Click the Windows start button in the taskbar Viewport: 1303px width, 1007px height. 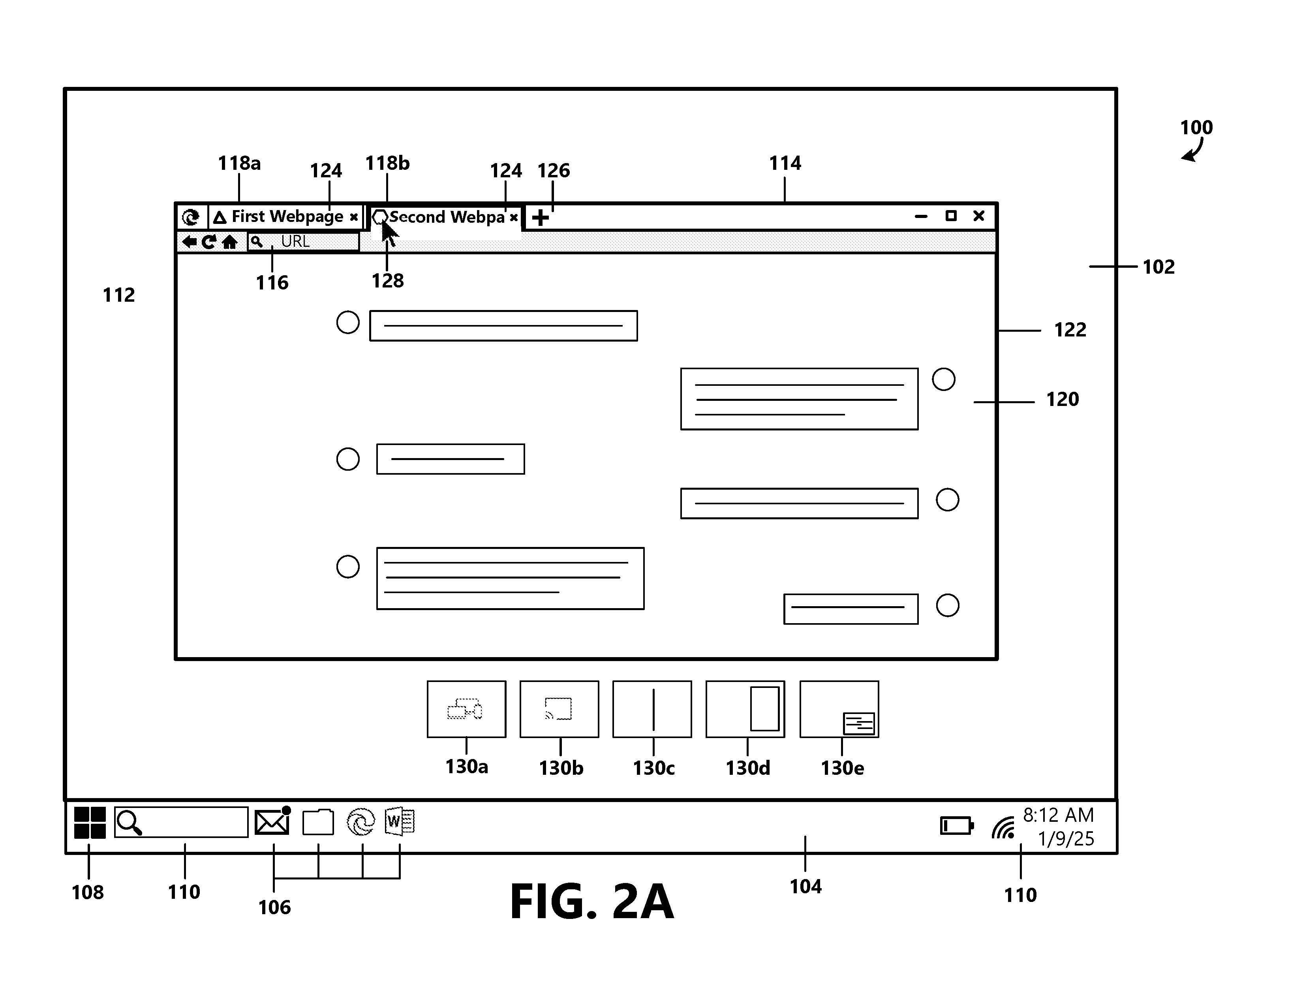coord(90,823)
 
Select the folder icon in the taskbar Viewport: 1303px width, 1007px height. coord(318,822)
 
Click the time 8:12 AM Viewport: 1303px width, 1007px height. coord(1058,815)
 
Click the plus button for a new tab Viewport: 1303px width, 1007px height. coord(541,217)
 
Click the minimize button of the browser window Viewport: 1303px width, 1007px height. coord(921,216)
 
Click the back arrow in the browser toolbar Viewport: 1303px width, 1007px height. coord(189,242)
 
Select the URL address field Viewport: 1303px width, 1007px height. coord(304,242)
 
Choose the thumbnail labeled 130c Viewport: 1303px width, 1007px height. coord(652,709)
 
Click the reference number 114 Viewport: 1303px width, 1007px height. coord(785,163)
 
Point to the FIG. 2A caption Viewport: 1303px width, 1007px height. coord(592,902)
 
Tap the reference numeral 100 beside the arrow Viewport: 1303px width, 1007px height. coord(1196,127)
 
